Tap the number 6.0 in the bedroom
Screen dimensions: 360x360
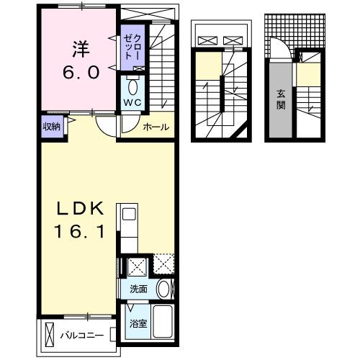80,73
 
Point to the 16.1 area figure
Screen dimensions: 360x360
82,233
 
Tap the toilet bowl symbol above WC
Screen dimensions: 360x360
132,86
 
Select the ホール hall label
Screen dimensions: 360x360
156,127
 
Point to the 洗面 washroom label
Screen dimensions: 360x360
138,289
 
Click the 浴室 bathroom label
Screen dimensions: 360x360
138,323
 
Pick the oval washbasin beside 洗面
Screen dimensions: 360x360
165,289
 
